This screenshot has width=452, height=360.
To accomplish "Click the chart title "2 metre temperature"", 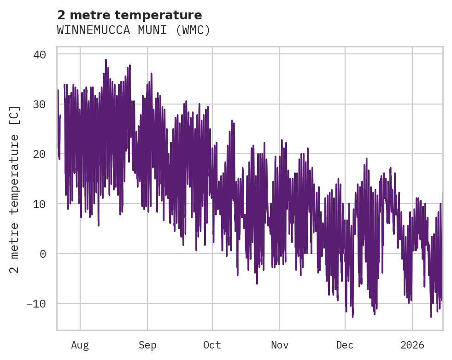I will (x=129, y=15).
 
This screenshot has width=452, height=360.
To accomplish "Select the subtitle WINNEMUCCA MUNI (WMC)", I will (x=134, y=30).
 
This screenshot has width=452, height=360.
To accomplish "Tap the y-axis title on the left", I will (x=15, y=190).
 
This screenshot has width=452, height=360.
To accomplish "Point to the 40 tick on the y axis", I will (x=39, y=54).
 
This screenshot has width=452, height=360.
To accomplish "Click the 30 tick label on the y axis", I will (x=39, y=104).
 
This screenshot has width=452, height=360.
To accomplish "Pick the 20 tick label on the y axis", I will (x=39, y=154).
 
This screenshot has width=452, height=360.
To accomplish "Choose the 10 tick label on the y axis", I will (x=39, y=203).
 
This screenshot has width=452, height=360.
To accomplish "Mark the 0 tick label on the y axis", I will (x=43, y=254).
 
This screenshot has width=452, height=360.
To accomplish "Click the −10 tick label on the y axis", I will (x=36, y=303).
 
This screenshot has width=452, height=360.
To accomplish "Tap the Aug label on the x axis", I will (x=80, y=345).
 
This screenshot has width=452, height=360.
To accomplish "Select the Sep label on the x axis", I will (x=147, y=345).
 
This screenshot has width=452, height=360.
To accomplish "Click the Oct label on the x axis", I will (x=212, y=345).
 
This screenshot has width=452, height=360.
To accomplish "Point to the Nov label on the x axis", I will (x=280, y=345).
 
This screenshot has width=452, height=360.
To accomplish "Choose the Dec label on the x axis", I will (x=345, y=345).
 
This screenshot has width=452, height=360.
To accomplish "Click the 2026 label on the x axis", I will (x=412, y=345).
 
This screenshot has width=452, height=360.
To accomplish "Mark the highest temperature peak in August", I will (x=106, y=59).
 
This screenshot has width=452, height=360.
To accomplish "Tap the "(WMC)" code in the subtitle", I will (x=193, y=30).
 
